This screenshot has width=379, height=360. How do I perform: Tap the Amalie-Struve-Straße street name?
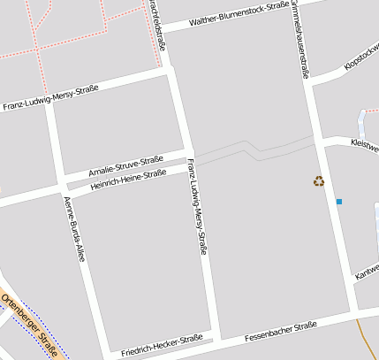(x=126, y=165)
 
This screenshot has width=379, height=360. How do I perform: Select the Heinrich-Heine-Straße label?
(x=129, y=180)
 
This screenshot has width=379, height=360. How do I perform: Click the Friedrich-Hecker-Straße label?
(x=163, y=344)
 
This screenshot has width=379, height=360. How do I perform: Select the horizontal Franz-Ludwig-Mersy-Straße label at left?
(x=50, y=97)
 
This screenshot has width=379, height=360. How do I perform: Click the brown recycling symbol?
(x=318, y=181)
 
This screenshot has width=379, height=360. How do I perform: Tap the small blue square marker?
(x=338, y=203)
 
